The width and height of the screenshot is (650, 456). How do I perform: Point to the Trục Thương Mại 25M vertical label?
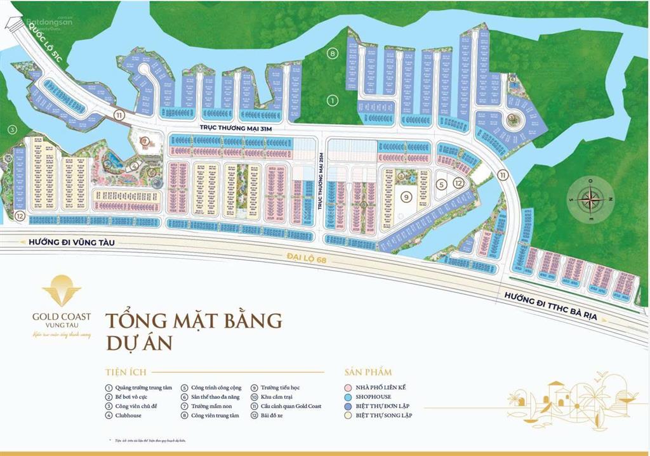click(x=321, y=183)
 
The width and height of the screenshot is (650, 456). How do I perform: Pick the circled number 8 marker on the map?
click(x=333, y=53)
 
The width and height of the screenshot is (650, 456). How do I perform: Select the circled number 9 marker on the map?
click(x=404, y=197)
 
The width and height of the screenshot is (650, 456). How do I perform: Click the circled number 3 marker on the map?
click(x=11, y=130)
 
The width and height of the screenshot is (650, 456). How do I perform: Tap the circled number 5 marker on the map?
click(x=441, y=185)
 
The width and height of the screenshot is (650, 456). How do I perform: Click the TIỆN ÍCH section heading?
click(x=123, y=372)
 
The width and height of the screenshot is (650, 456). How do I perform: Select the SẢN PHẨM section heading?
click(x=368, y=372)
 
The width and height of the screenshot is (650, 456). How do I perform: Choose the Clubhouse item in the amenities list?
click(x=129, y=415)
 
